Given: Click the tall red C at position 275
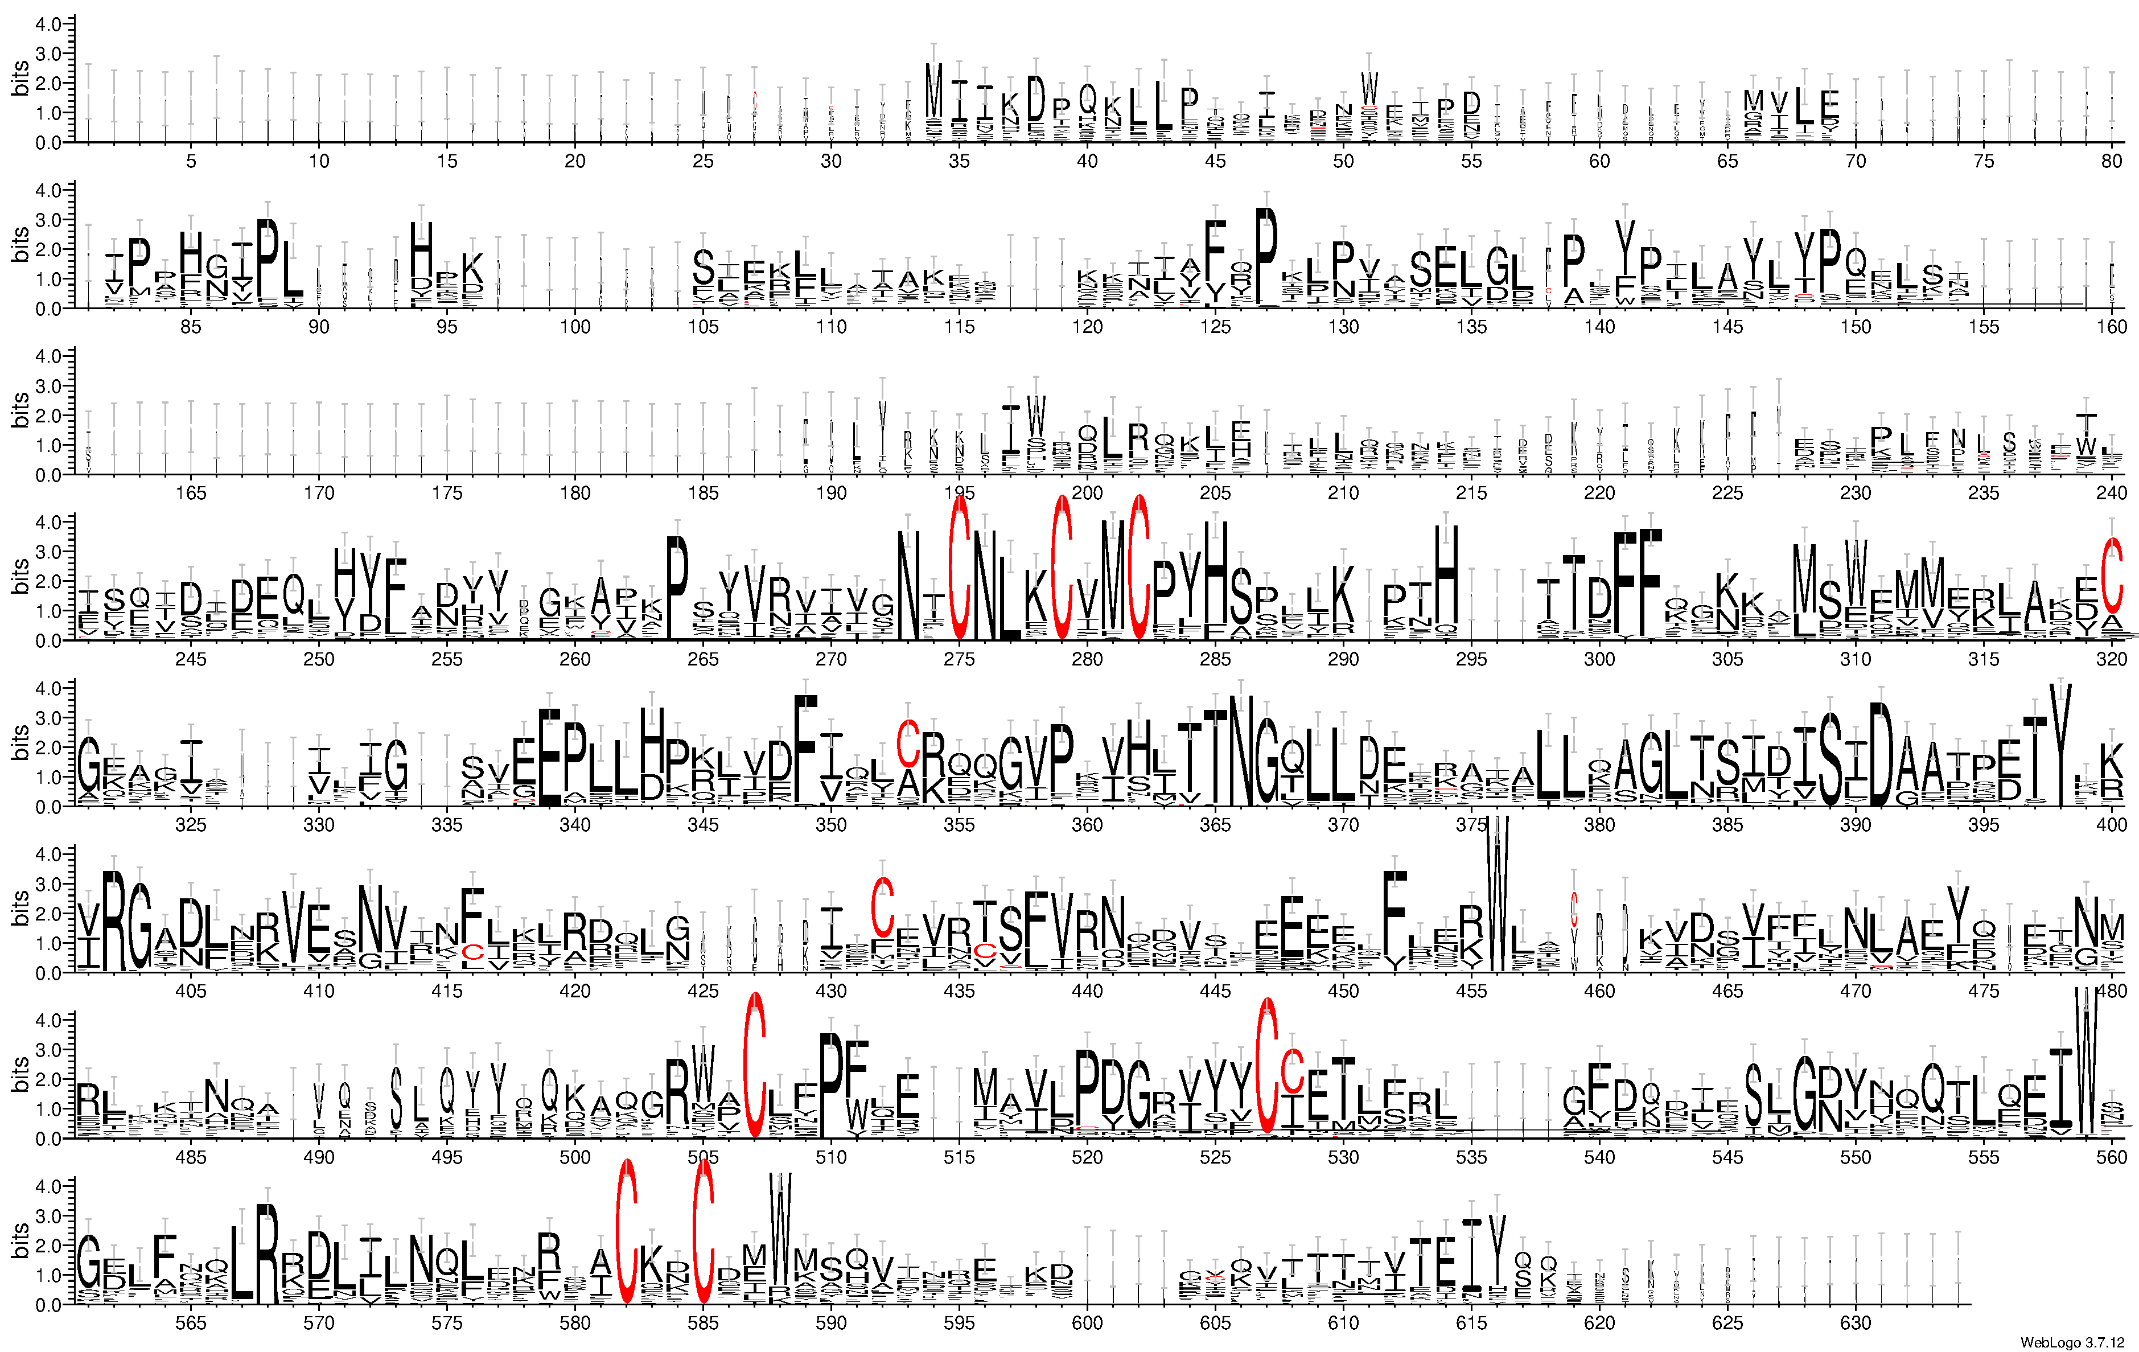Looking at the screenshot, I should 959,569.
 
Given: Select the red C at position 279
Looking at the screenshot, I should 1062,569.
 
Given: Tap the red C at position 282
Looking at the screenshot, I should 1139,569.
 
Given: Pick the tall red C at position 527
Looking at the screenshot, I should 1266,1066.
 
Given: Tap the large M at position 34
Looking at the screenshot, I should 933,91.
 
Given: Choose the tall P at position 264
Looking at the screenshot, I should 678,586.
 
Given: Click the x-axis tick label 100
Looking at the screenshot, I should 575,327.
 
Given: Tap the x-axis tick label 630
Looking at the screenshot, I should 1855,1323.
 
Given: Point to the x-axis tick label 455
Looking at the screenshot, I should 1471,991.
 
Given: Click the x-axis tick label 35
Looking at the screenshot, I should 959,161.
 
